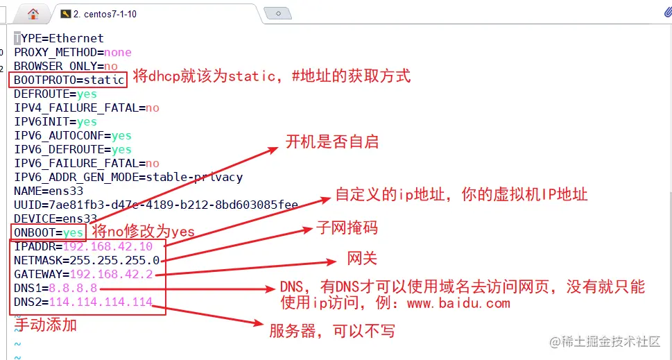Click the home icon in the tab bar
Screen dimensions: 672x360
point(33,14)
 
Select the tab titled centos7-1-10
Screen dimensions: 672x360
point(105,14)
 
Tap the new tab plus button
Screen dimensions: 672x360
point(278,14)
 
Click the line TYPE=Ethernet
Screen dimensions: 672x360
point(59,39)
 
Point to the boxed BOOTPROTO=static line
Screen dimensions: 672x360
point(69,80)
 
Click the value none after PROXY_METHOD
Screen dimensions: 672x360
point(118,52)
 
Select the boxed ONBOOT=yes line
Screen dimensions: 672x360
point(49,232)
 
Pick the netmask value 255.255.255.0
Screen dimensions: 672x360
point(114,260)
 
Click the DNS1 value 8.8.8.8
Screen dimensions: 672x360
point(73,288)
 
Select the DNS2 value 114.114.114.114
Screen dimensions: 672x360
point(101,302)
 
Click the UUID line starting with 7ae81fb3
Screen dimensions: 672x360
point(156,205)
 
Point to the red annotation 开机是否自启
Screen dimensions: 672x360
point(332,142)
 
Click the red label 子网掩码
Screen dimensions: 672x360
point(347,228)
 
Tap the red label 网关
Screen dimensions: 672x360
point(362,259)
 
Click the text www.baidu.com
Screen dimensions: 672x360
point(458,303)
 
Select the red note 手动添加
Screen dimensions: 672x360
point(46,325)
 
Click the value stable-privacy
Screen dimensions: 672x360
point(194,177)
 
